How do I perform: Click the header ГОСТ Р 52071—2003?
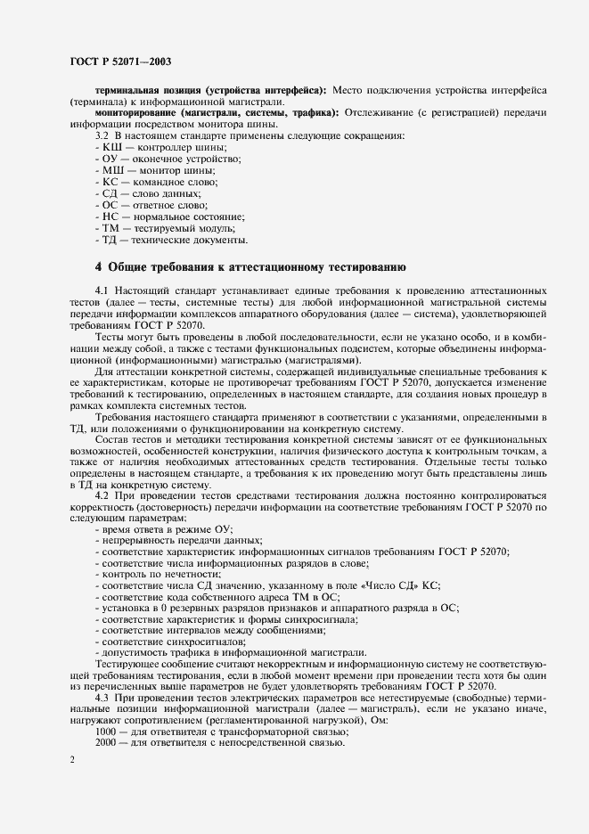pos(120,61)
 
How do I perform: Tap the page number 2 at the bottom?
pos(71,757)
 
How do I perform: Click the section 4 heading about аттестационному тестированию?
pos(250,266)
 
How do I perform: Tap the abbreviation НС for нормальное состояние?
pos(111,217)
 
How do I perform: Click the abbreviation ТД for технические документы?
pos(111,241)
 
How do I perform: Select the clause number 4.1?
pos(102,291)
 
